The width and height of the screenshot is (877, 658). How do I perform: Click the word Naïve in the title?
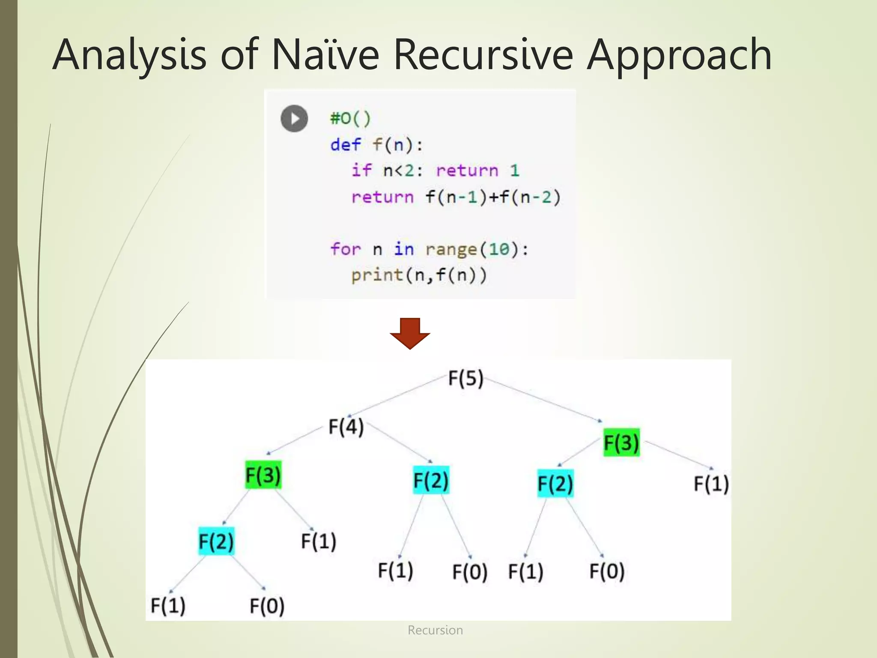pyautogui.click(x=325, y=54)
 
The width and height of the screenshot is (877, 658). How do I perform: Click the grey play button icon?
pyautogui.click(x=294, y=118)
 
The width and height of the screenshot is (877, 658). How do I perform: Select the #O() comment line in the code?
pyautogui.click(x=350, y=118)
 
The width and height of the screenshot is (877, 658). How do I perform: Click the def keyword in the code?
pyautogui.click(x=345, y=145)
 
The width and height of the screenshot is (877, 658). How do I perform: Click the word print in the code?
pyautogui.click(x=377, y=275)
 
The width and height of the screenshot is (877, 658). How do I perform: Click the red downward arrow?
pyautogui.click(x=410, y=333)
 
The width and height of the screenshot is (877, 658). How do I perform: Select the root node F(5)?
pyautogui.click(x=465, y=378)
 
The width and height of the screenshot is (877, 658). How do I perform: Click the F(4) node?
pyautogui.click(x=346, y=427)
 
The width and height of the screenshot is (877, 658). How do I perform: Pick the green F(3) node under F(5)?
pyautogui.click(x=621, y=442)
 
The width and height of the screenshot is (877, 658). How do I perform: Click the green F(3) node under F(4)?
pyautogui.click(x=263, y=475)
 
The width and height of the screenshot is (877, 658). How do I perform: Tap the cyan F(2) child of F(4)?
pyautogui.click(x=431, y=480)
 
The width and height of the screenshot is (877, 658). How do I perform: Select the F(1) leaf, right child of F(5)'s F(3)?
pyautogui.click(x=711, y=484)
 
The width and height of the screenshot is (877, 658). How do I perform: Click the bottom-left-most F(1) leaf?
pyautogui.click(x=168, y=605)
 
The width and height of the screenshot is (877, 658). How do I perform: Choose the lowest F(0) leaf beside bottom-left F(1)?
pyautogui.click(x=267, y=606)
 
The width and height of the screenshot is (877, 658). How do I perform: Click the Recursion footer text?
pyautogui.click(x=435, y=630)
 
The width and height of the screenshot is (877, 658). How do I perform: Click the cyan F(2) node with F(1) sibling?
pyautogui.click(x=216, y=541)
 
